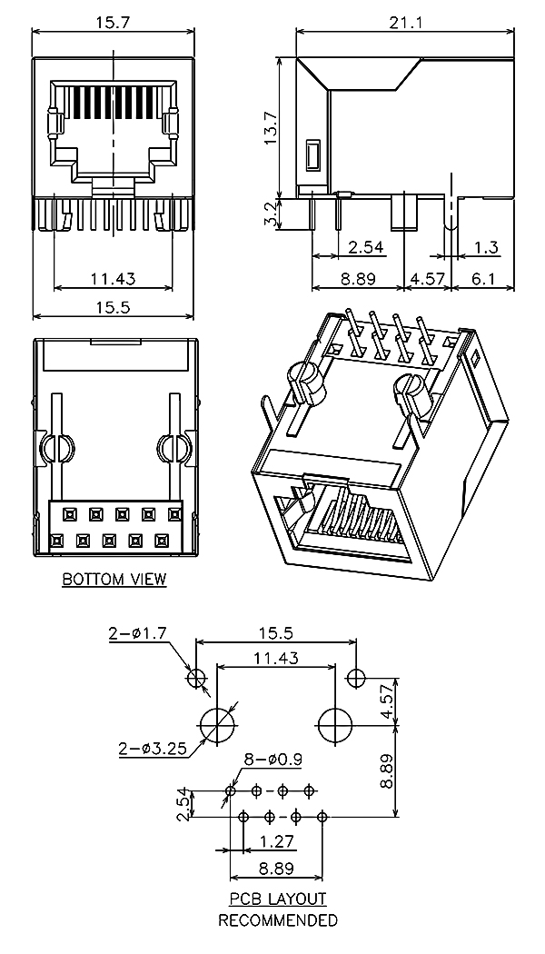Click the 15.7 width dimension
pyautogui.click(x=113, y=21)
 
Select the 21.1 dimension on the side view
pyautogui.click(x=405, y=21)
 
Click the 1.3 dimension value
pyautogui.click(x=486, y=246)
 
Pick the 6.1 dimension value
pyautogui.click(x=483, y=279)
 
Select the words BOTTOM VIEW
pyautogui.click(x=114, y=579)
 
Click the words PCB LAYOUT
pyautogui.click(x=277, y=899)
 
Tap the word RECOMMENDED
pyautogui.click(x=277, y=919)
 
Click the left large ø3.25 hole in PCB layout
pyautogui.click(x=217, y=726)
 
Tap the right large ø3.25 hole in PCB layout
pyautogui.click(x=336, y=726)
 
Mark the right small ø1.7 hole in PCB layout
pyautogui.click(x=356, y=677)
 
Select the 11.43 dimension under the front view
pyautogui.click(x=113, y=279)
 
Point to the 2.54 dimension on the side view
pyautogui.click(x=365, y=246)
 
